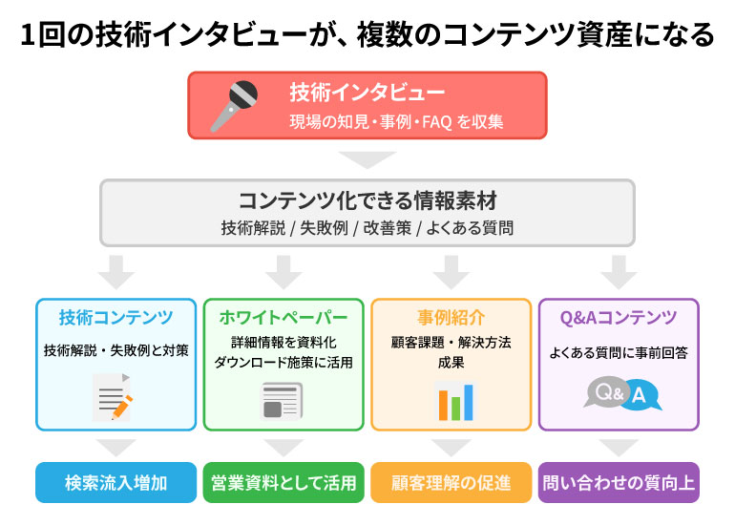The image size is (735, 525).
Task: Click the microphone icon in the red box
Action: coord(234,105)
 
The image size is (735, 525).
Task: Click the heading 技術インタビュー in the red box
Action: coord(367,93)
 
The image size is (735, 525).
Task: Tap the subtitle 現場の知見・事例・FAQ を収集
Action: coord(396,121)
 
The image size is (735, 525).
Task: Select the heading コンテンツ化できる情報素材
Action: coord(367,201)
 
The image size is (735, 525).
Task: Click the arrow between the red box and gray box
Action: coord(367,158)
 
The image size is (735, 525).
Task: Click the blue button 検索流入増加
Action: coord(115,483)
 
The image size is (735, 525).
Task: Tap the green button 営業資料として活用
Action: coord(283,483)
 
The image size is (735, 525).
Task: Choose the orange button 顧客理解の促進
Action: coord(451,483)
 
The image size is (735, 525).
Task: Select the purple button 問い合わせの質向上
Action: coord(619,483)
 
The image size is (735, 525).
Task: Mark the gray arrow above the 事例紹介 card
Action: coord(451,271)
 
